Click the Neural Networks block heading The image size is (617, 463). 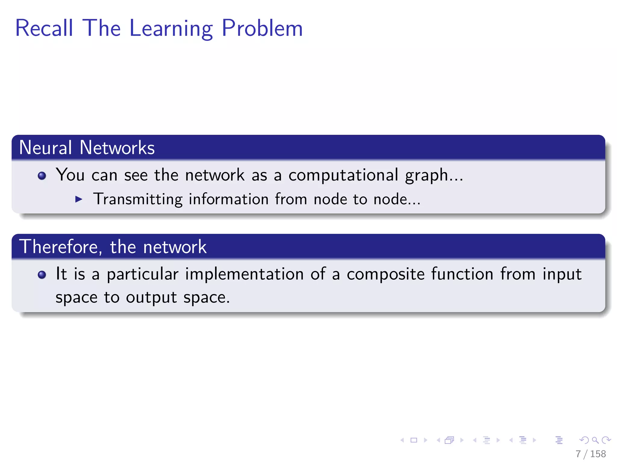point(87,148)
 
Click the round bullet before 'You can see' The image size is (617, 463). point(42,176)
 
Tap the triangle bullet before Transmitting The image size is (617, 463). point(79,199)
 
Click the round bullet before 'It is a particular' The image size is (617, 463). point(42,275)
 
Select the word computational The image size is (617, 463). point(343,175)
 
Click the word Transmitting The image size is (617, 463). point(138,199)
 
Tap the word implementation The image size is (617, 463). point(244,274)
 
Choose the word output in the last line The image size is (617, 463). point(151,298)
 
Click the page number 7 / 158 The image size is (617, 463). point(590,454)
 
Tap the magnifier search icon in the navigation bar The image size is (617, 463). point(595,440)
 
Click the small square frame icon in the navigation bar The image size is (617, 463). point(414,440)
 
